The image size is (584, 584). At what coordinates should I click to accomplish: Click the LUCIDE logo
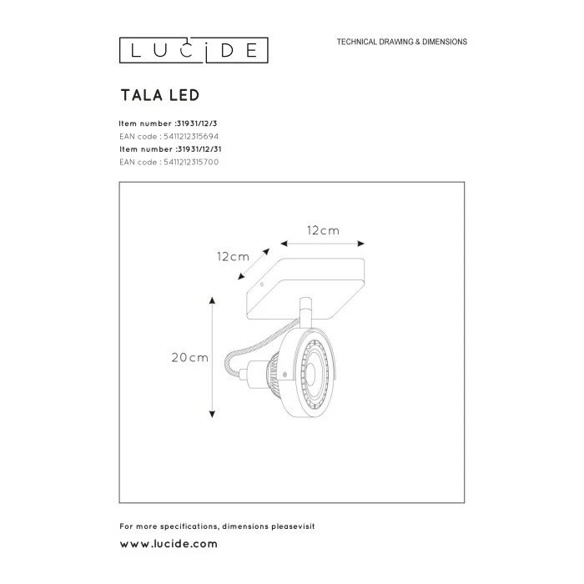pyautogui.click(x=194, y=50)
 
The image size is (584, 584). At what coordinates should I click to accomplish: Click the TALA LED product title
pyautogui.click(x=160, y=95)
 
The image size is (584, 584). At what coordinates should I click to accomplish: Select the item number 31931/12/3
pyautogui.click(x=197, y=123)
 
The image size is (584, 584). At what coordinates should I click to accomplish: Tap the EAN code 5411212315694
pyautogui.click(x=191, y=136)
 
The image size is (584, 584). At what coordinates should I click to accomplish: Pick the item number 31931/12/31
pyautogui.click(x=199, y=149)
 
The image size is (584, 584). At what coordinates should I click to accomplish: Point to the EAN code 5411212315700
pyautogui.click(x=191, y=162)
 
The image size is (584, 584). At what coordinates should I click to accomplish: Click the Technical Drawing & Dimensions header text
pyautogui.click(x=402, y=42)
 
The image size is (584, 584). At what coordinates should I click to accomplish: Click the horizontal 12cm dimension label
pyautogui.click(x=323, y=230)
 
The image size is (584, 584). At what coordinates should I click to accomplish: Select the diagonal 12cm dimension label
pyautogui.click(x=233, y=257)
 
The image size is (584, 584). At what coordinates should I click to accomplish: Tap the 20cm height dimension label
pyautogui.click(x=189, y=358)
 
